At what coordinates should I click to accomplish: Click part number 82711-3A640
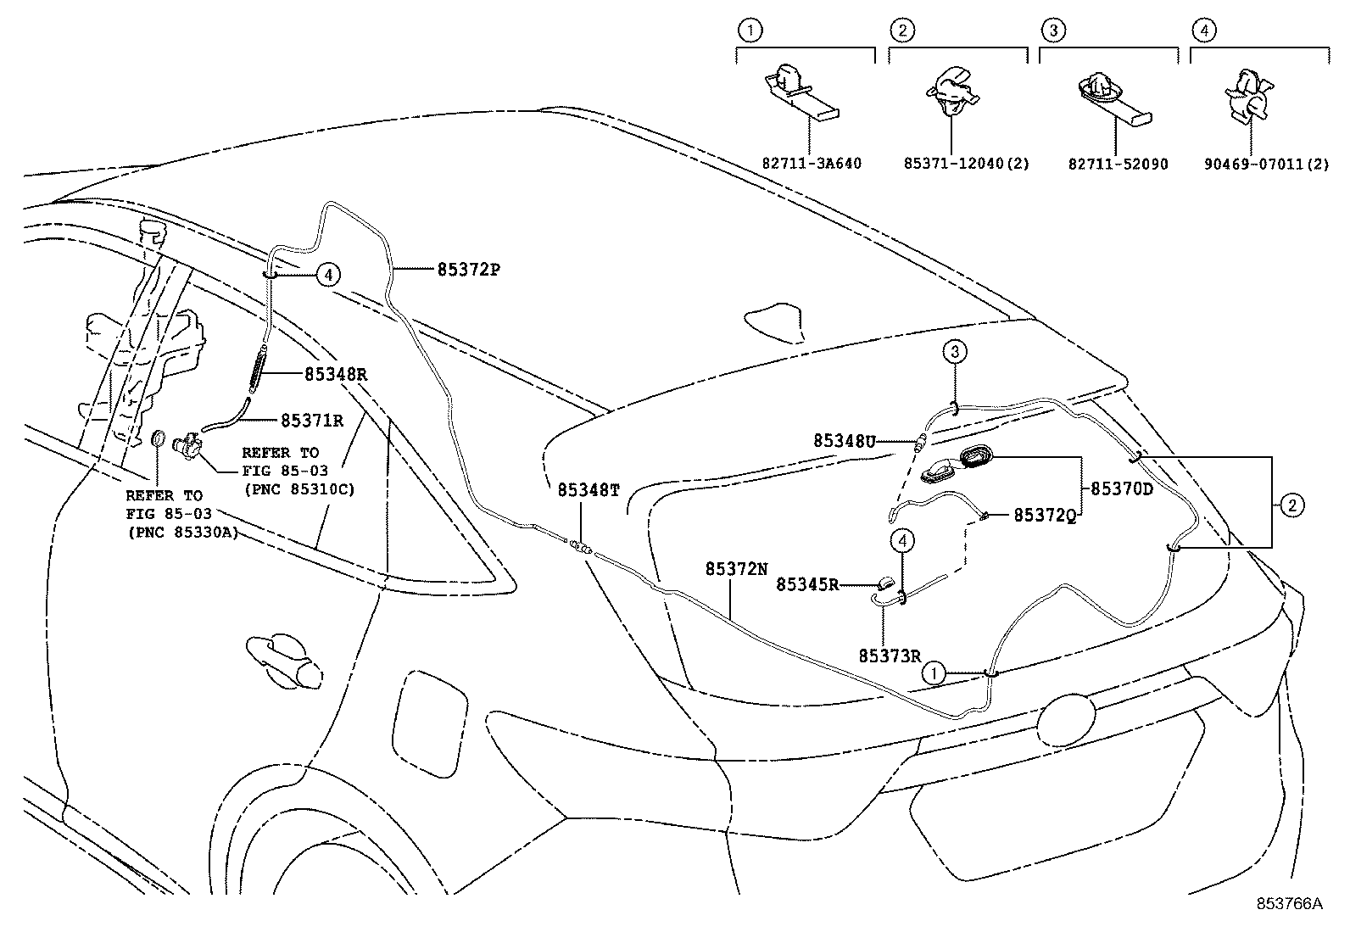(x=811, y=164)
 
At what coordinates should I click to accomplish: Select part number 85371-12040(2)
(x=966, y=164)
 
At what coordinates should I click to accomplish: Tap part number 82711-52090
(x=1118, y=164)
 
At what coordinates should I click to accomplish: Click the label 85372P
(x=469, y=270)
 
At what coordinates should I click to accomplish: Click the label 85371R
(x=311, y=420)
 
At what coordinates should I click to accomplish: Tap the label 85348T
(x=588, y=490)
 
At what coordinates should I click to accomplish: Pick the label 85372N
(x=736, y=569)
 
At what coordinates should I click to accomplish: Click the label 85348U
(x=844, y=440)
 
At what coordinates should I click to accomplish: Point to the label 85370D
(x=1121, y=489)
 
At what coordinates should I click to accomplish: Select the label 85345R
(x=807, y=583)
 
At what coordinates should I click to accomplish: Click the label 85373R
(x=890, y=655)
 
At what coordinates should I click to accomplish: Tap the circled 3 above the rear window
(x=954, y=351)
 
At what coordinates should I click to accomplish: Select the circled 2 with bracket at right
(x=1291, y=506)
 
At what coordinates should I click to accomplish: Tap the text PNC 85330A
(x=182, y=532)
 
